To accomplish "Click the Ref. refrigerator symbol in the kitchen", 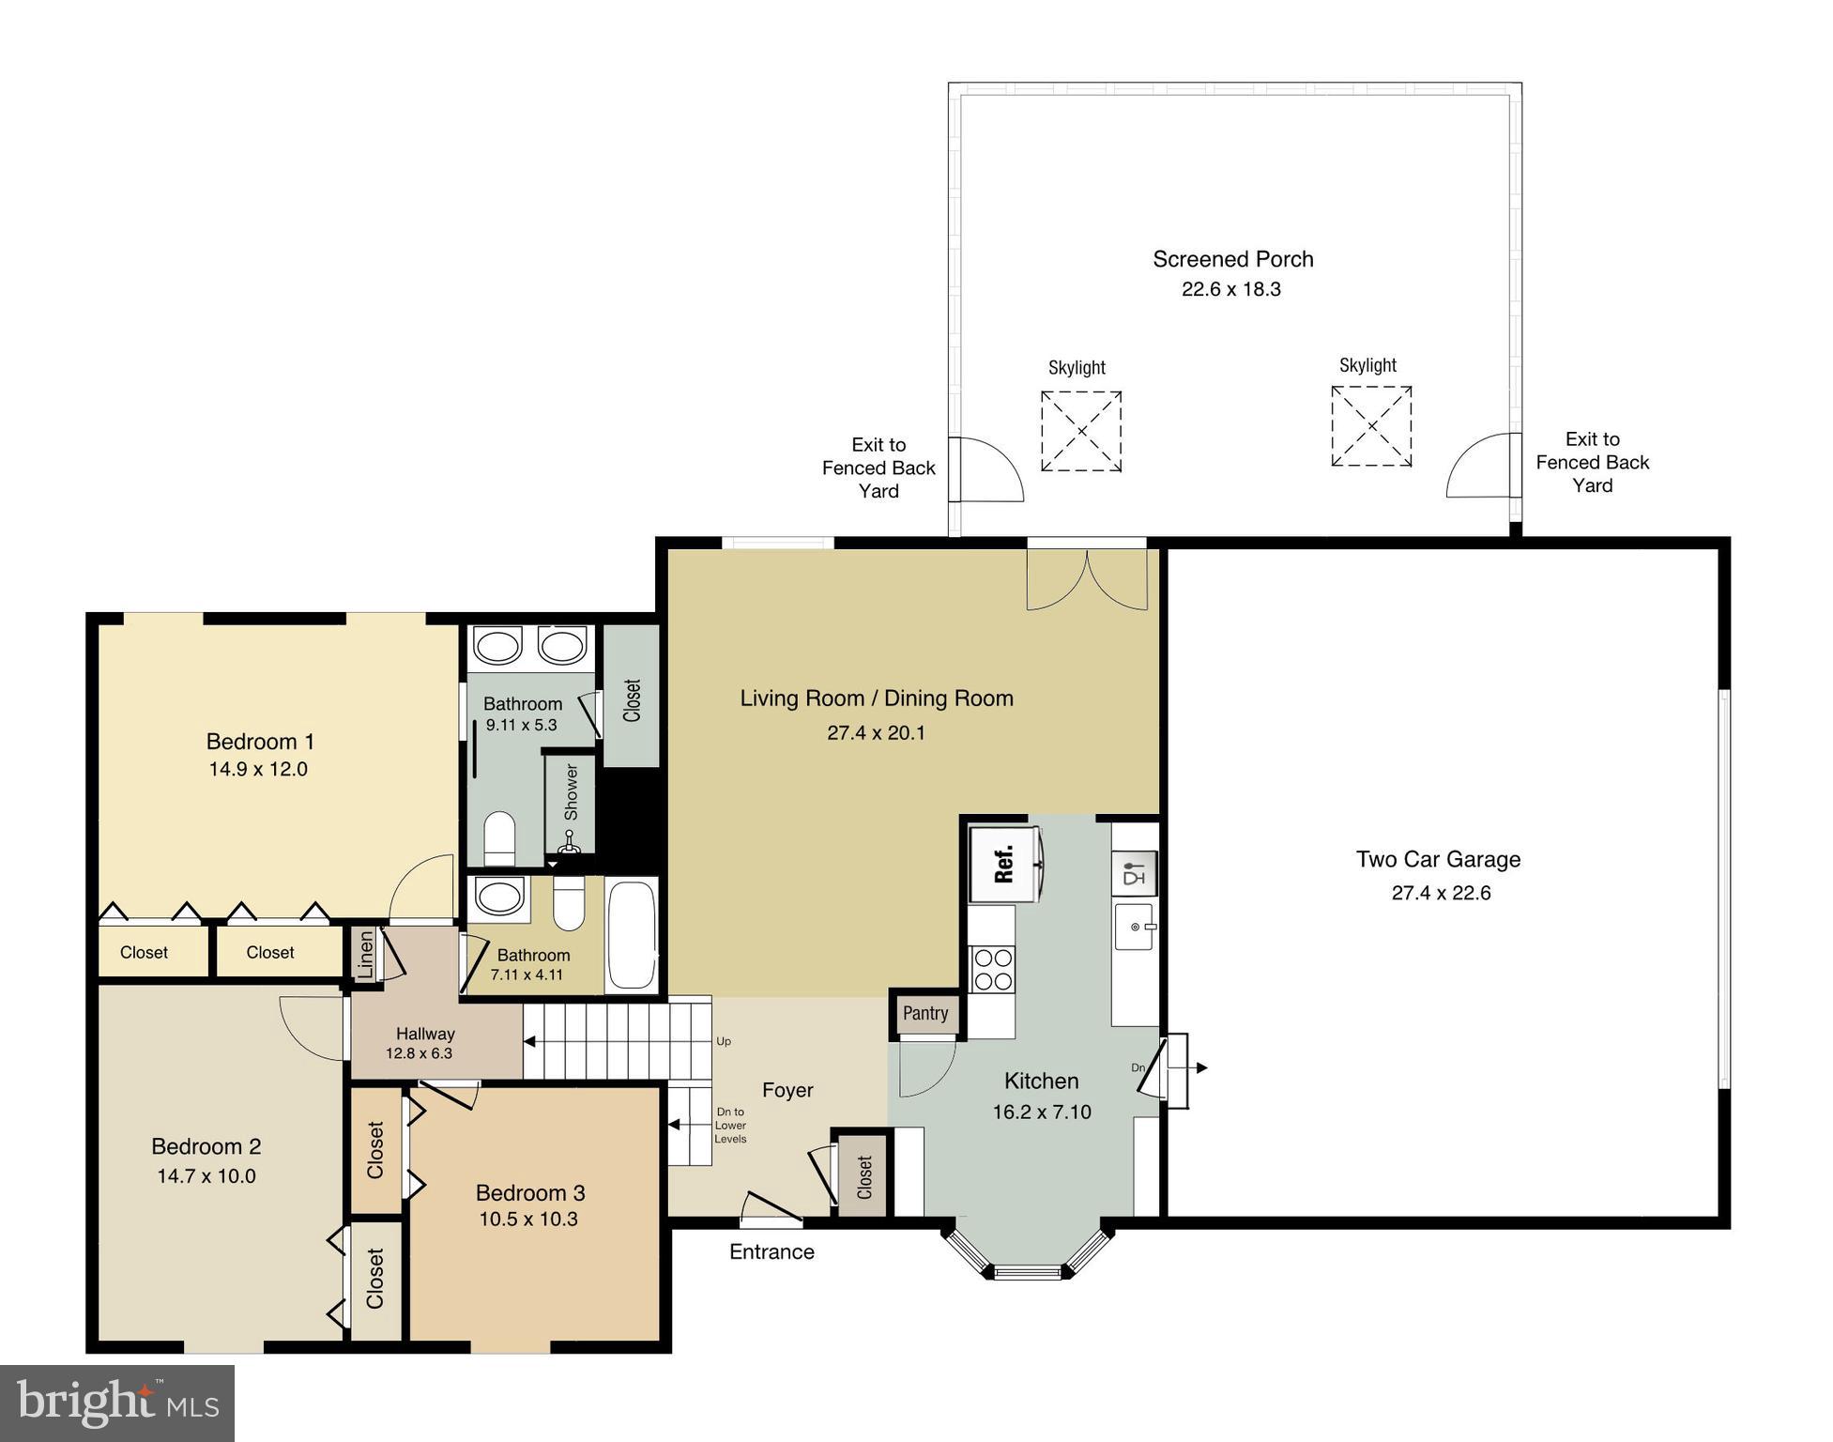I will [1003, 865].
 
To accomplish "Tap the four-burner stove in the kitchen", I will [992, 969].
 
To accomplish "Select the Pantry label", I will [925, 1013].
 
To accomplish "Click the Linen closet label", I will [366, 954].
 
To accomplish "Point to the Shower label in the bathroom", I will [571, 791].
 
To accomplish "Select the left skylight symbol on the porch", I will [1081, 431].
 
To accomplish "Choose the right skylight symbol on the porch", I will [1371, 425].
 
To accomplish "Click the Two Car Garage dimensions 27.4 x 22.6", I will [1441, 893].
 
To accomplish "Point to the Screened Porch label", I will [1232, 259].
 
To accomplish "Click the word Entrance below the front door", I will [771, 1251].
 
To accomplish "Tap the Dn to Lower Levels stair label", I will [730, 1125].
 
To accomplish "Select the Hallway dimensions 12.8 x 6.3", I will [419, 1053].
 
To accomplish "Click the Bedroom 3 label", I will [530, 1192].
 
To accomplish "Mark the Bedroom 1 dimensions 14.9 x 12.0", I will [258, 769].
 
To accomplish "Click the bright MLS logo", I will [117, 1403].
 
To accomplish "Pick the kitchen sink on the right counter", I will [1134, 927].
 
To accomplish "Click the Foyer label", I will [787, 1090].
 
